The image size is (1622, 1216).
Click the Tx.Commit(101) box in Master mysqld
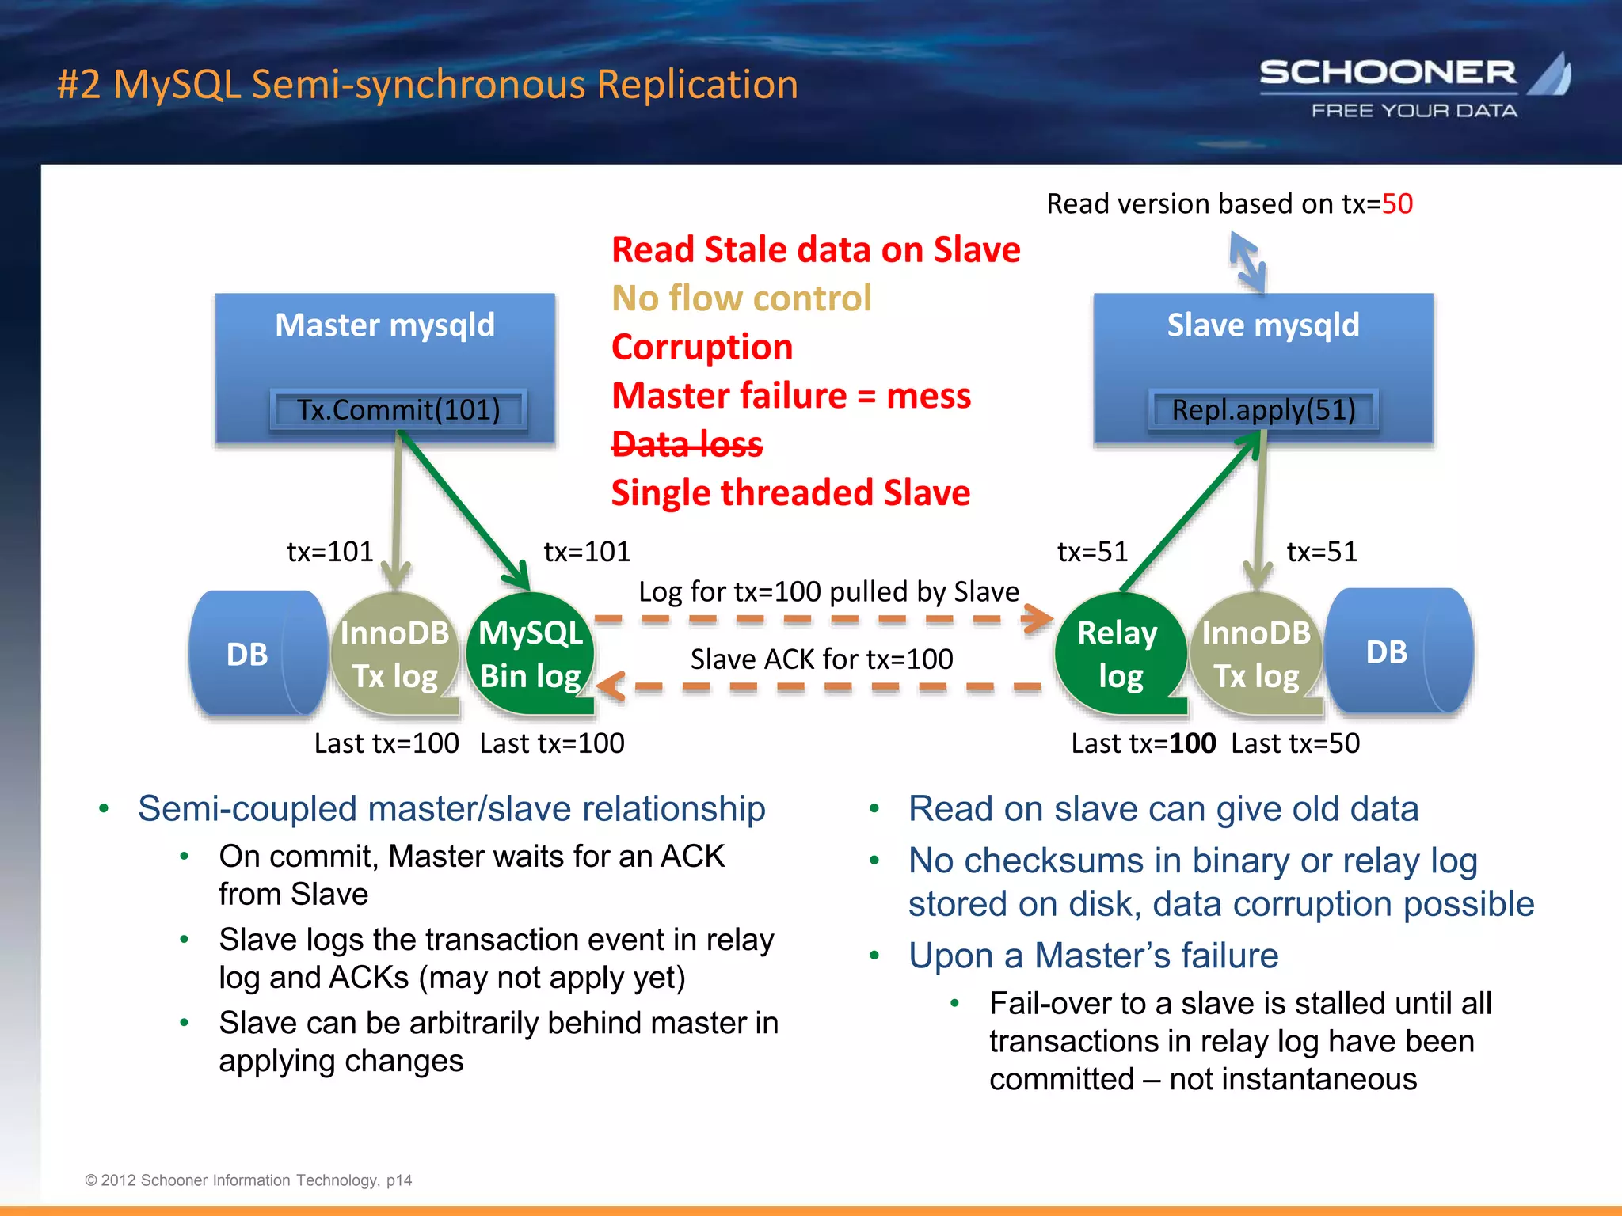pos(398,410)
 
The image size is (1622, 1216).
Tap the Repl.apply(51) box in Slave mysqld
pos(1263,410)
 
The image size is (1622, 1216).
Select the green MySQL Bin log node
pos(531,654)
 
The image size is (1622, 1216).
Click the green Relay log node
pos(1119,654)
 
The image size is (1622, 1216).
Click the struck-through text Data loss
pos(687,444)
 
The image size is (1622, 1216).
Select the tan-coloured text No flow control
pos(741,298)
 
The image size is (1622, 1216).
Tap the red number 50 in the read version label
pos(1397,204)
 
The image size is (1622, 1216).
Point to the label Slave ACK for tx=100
pos(821,659)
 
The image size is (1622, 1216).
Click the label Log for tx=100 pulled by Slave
pos(828,591)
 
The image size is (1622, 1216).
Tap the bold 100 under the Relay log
pos(1193,743)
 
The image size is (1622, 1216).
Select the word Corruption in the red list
pos(702,347)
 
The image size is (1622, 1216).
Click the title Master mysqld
pos(385,325)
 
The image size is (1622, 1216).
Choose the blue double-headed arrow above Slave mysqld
pos(1247,260)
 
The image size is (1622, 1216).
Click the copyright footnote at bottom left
pos(248,1180)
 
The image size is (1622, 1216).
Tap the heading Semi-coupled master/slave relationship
pos(451,809)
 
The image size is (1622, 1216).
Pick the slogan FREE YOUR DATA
pos(1414,111)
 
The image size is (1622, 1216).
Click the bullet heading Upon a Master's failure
pos(1093,956)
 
